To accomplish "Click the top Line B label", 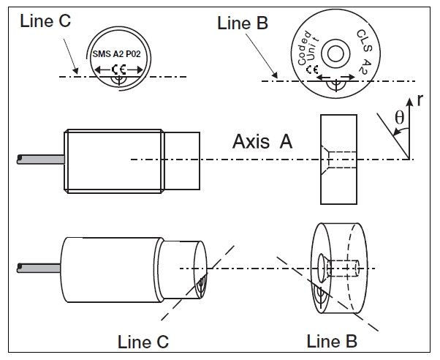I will tap(243, 23).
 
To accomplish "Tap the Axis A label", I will tap(262, 143).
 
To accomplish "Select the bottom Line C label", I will tap(143, 341).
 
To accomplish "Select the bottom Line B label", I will tap(333, 341).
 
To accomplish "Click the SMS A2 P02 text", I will tap(120, 54).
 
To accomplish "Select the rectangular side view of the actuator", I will tap(338, 159).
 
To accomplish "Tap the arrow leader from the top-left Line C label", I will tap(69, 55).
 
